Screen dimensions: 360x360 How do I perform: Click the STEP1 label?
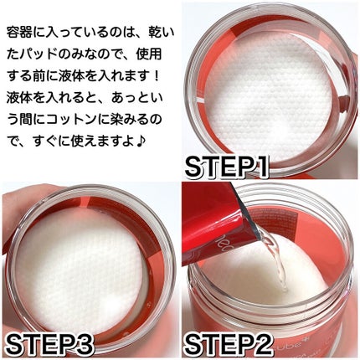[227, 167]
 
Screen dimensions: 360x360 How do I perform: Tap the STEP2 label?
[228, 345]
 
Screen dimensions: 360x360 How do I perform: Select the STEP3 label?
[49, 345]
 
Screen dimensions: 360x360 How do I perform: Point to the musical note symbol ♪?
[140, 142]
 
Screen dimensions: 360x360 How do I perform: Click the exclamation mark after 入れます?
[156, 76]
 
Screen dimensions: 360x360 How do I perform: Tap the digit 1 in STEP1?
[260, 167]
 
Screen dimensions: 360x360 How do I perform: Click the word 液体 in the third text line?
[71, 76]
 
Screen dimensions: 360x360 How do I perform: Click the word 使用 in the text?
[149, 54]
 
